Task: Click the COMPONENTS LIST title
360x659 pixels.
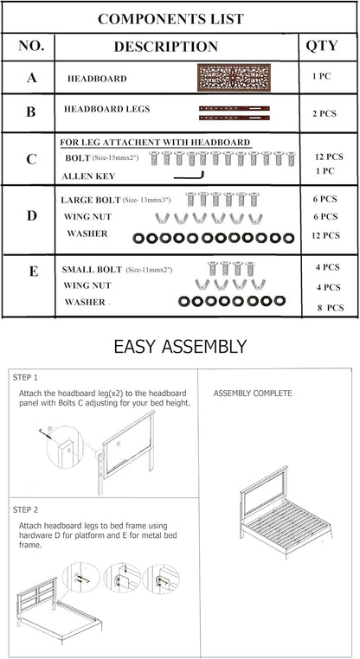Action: click(x=170, y=19)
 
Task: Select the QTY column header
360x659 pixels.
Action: click(x=322, y=46)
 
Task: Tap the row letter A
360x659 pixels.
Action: click(x=31, y=77)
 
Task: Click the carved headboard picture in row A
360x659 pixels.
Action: click(x=234, y=77)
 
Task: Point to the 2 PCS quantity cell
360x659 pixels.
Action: click(x=325, y=113)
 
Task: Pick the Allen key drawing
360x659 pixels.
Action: click(x=189, y=176)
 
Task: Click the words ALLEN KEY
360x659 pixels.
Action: click(x=88, y=176)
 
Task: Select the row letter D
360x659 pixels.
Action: click(x=31, y=216)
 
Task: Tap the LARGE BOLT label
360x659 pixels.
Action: click(x=90, y=200)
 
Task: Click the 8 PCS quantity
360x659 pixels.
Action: click(x=331, y=308)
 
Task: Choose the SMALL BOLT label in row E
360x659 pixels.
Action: click(x=92, y=270)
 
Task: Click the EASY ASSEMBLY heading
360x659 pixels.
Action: click(x=180, y=347)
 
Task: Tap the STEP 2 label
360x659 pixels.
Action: click(x=25, y=509)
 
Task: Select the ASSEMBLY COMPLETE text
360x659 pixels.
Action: click(x=253, y=393)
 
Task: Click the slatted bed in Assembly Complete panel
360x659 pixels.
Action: click(x=286, y=512)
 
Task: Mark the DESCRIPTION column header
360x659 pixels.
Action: click(x=165, y=46)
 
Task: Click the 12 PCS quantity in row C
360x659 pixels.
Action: click(x=330, y=157)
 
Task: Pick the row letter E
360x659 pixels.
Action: click(x=33, y=272)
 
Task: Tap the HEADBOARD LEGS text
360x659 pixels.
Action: click(x=106, y=109)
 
